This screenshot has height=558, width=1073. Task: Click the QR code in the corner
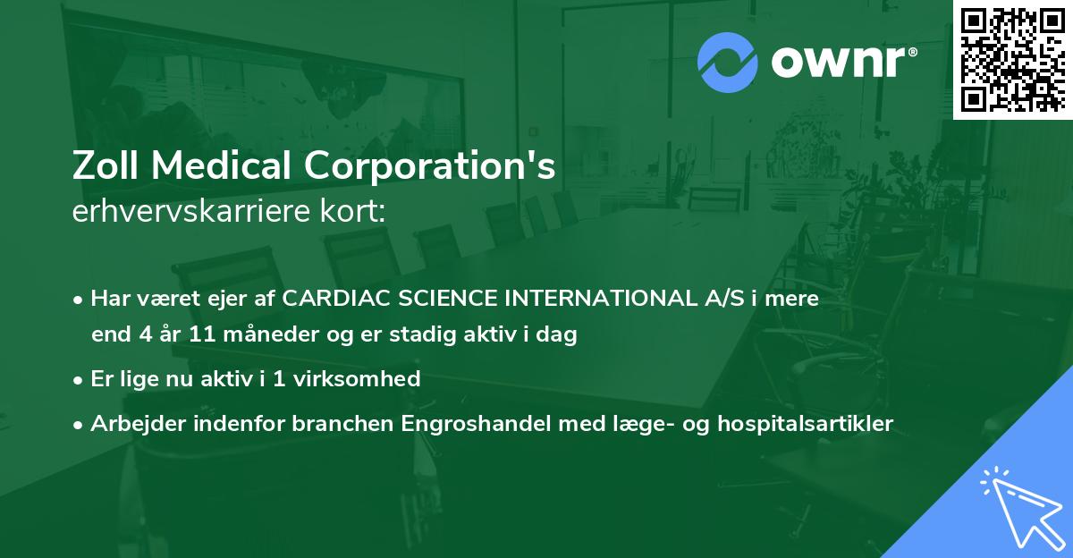pos(1012,59)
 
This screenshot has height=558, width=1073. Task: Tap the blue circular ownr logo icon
pos(727,62)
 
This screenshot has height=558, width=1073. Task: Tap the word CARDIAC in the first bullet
pos(328,299)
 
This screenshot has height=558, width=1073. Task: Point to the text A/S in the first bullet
pos(708,299)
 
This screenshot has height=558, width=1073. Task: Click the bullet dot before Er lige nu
pos(80,380)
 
